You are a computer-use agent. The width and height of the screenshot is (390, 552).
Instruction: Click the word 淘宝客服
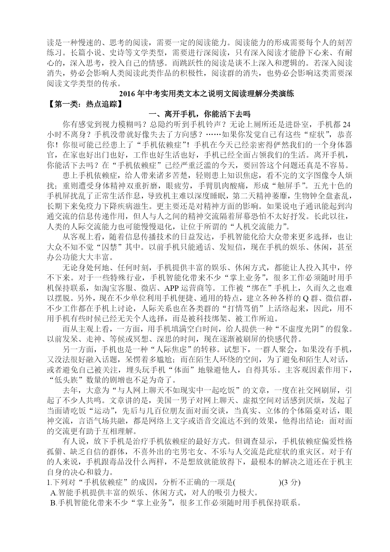click(142, 288)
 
